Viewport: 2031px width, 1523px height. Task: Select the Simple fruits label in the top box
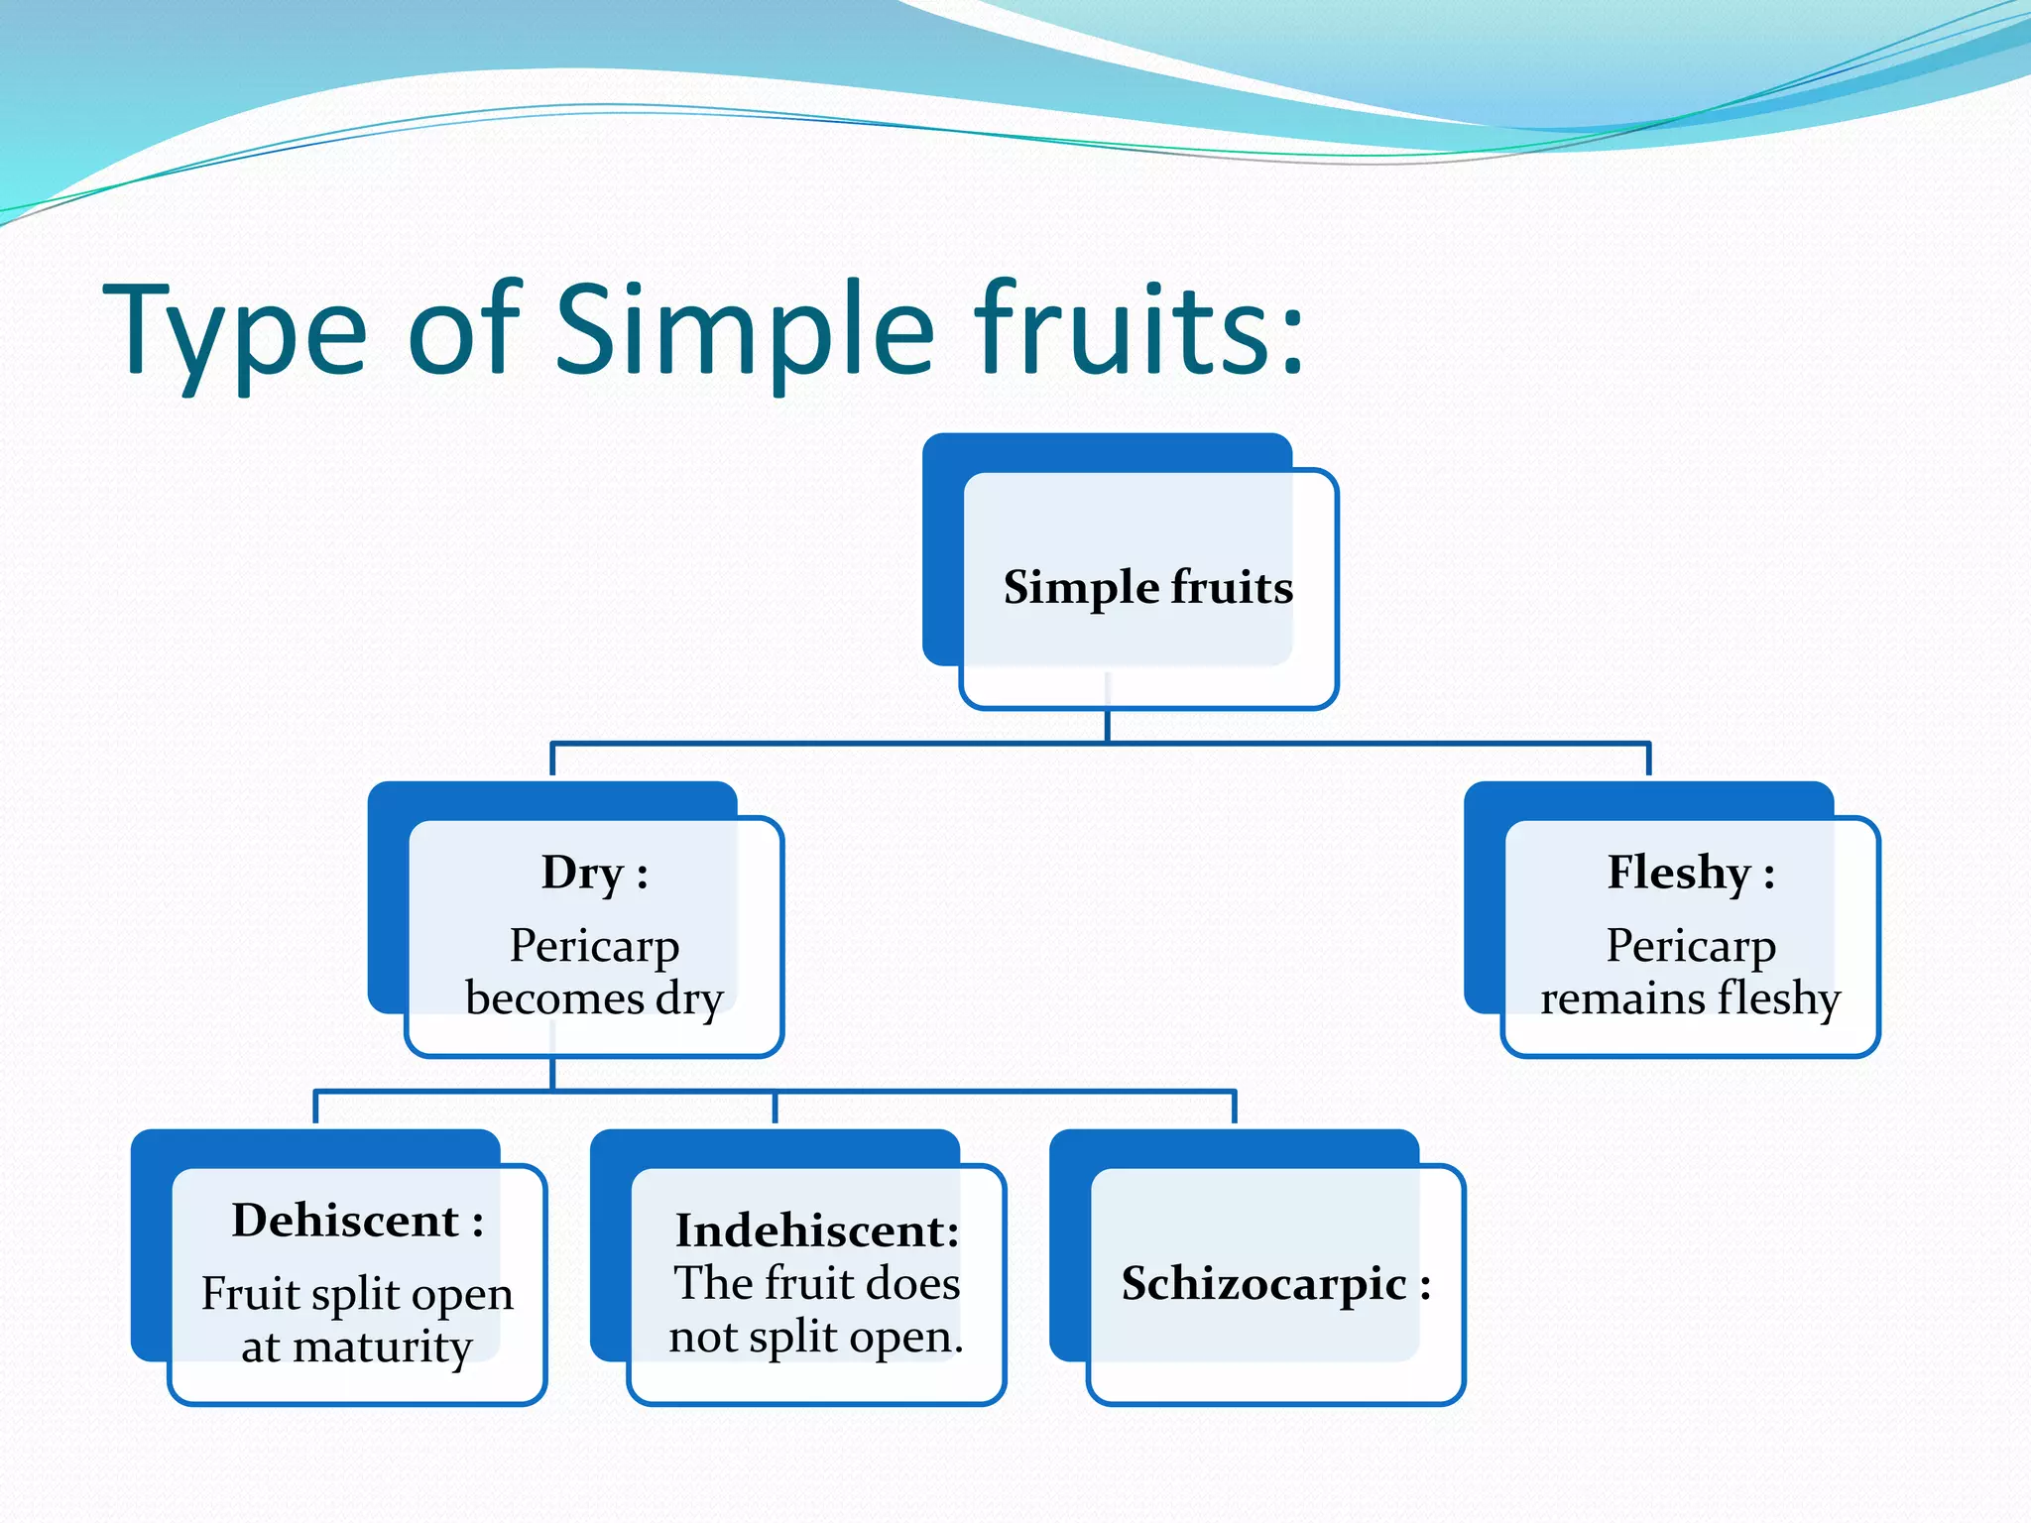click(x=1148, y=587)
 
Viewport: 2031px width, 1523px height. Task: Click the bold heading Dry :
click(x=594, y=874)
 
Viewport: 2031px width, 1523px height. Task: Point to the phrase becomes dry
click(x=594, y=998)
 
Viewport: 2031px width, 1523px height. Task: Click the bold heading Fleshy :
click(x=1691, y=874)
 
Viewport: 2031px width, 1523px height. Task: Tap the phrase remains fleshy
click(x=1690, y=998)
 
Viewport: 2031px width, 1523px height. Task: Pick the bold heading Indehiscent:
click(x=817, y=1230)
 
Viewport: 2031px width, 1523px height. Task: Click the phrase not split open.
click(x=816, y=1338)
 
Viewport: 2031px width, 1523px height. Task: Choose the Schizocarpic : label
click(x=1276, y=1284)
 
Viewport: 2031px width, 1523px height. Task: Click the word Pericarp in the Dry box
click(x=594, y=945)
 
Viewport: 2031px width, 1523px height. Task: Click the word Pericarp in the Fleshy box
click(x=1691, y=945)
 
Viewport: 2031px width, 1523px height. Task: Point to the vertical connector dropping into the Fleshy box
click(x=1648, y=760)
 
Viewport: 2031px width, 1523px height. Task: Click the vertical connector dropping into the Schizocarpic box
click(x=1234, y=1108)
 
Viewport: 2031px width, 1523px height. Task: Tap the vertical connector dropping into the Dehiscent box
click(x=315, y=1108)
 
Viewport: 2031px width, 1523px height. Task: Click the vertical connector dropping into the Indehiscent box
click(x=775, y=1108)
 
